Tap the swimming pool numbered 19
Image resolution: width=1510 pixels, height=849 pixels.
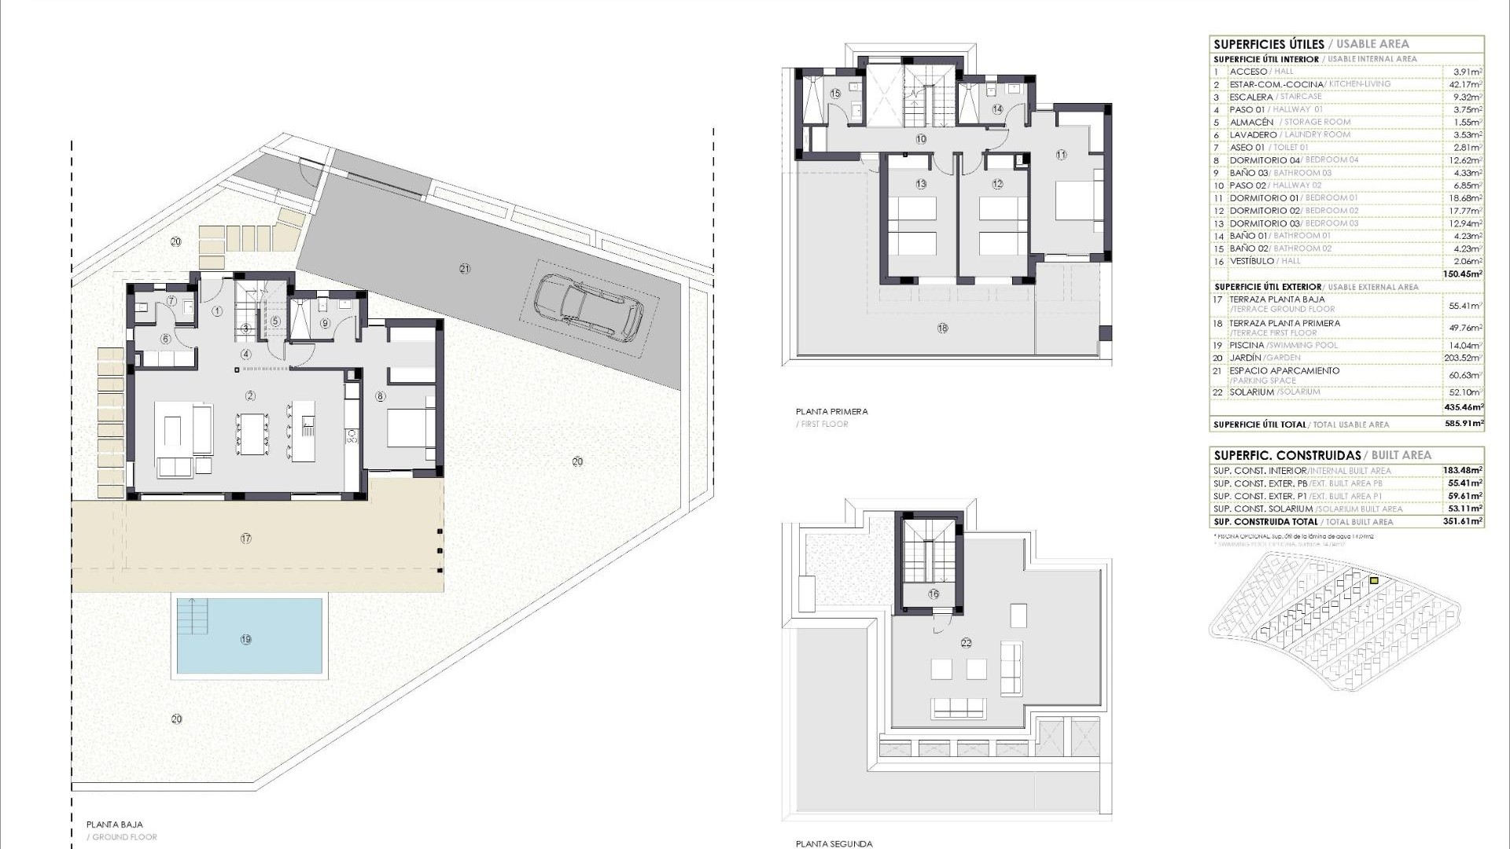pos(249,637)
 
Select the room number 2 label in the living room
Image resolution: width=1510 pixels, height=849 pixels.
pos(250,395)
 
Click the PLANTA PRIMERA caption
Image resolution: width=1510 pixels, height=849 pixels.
pos(832,411)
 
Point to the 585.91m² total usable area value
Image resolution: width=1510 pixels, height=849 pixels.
pos(1464,424)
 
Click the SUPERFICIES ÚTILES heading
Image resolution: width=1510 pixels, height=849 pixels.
pos(1269,45)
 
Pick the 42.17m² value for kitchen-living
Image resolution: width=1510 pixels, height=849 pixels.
pos(1466,84)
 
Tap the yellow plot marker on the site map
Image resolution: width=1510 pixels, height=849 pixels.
pos(1374,581)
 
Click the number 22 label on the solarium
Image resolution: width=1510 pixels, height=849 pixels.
pos(966,643)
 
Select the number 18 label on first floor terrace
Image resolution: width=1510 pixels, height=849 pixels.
pos(942,328)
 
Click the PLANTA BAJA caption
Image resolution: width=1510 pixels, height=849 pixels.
pos(115,825)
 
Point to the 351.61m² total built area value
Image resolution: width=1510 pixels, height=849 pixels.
pos(1464,522)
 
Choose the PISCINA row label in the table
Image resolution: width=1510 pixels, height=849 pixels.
pos(1247,345)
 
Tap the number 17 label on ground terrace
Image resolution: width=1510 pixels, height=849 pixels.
pos(246,538)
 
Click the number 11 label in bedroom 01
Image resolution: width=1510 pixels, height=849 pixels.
pos(1061,155)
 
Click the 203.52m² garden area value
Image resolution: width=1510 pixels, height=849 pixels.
pos(1465,358)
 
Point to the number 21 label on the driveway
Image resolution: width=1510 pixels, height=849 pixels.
pos(464,269)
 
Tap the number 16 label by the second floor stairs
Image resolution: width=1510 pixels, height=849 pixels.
pos(934,594)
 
